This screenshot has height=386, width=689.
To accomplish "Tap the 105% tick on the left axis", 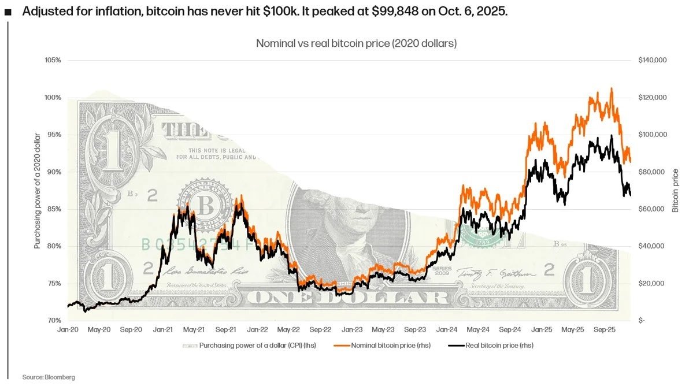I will [x=53, y=60].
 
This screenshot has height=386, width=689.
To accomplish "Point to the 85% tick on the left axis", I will [x=54, y=209].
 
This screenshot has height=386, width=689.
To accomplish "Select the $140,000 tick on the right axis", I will [x=653, y=60].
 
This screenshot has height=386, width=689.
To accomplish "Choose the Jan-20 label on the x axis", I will [x=68, y=329].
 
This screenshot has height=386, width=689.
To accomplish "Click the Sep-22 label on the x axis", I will [x=320, y=329].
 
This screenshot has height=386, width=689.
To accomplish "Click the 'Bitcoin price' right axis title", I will [x=675, y=190].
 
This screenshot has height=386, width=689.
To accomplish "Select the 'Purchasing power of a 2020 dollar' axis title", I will [x=37, y=190].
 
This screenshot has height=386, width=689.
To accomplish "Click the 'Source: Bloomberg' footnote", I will [x=49, y=377].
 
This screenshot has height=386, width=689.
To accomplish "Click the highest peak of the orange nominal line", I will [x=612, y=88].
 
